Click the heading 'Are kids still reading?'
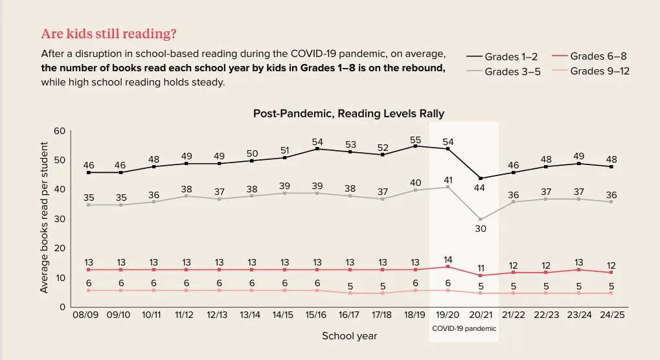[x=109, y=33]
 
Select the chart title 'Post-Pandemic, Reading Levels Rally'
[x=348, y=113]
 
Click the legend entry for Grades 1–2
[x=502, y=57]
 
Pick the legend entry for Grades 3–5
[x=503, y=72]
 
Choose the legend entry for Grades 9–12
[x=591, y=71]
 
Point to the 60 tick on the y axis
[x=60, y=131]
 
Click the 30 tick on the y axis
[x=60, y=219]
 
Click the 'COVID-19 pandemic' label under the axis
[x=464, y=328]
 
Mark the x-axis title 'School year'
[x=349, y=336]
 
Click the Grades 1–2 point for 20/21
[x=480, y=178]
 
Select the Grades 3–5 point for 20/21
[x=480, y=219]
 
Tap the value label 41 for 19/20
[x=448, y=180]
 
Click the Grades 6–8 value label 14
[x=448, y=259]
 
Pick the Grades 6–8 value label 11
[x=481, y=267]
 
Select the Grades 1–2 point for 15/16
[x=316, y=149]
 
